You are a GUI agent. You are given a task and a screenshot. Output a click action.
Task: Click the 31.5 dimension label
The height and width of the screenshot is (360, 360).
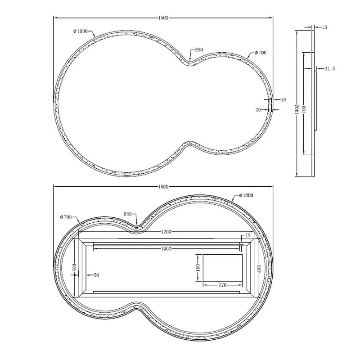330,69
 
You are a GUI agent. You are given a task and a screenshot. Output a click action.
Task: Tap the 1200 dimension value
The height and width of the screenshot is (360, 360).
166,232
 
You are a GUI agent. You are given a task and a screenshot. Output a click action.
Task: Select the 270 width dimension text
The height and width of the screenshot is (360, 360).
222,285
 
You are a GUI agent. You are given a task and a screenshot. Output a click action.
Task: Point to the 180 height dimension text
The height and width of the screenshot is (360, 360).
198,267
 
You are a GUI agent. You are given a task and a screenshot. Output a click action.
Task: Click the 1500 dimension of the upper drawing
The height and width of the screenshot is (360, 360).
163,18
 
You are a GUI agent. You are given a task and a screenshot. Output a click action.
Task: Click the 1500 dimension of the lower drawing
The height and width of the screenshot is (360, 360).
163,187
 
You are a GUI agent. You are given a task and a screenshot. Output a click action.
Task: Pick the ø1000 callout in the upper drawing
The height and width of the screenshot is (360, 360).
81,31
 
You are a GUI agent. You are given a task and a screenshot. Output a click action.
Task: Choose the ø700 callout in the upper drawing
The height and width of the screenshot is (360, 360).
261,53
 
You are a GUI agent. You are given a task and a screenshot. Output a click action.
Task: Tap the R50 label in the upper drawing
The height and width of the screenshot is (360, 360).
199,49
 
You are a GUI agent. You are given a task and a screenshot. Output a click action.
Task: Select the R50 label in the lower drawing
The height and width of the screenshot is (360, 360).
128,214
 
